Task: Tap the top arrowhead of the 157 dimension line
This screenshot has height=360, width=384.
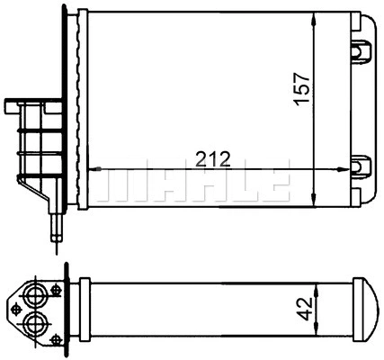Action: coord(314,20)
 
